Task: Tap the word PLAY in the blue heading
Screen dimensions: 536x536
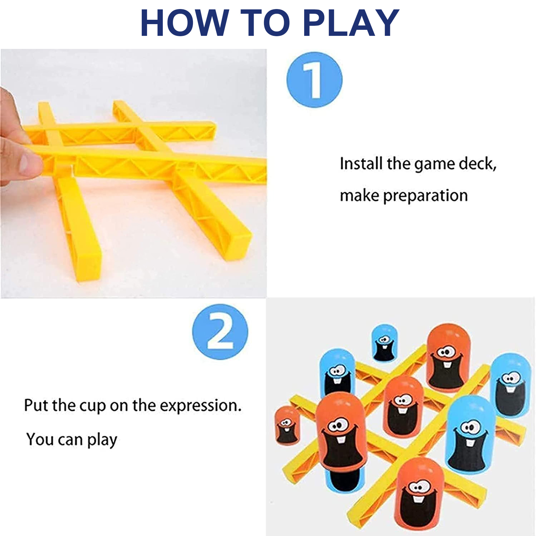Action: point(351,22)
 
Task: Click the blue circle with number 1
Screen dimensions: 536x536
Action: point(315,80)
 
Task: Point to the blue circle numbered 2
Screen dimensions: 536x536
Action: point(220,332)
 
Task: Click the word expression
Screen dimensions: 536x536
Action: point(200,406)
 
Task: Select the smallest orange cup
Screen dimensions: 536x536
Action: point(286,425)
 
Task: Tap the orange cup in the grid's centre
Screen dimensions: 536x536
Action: point(403,407)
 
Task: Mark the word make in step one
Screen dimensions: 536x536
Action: point(359,196)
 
